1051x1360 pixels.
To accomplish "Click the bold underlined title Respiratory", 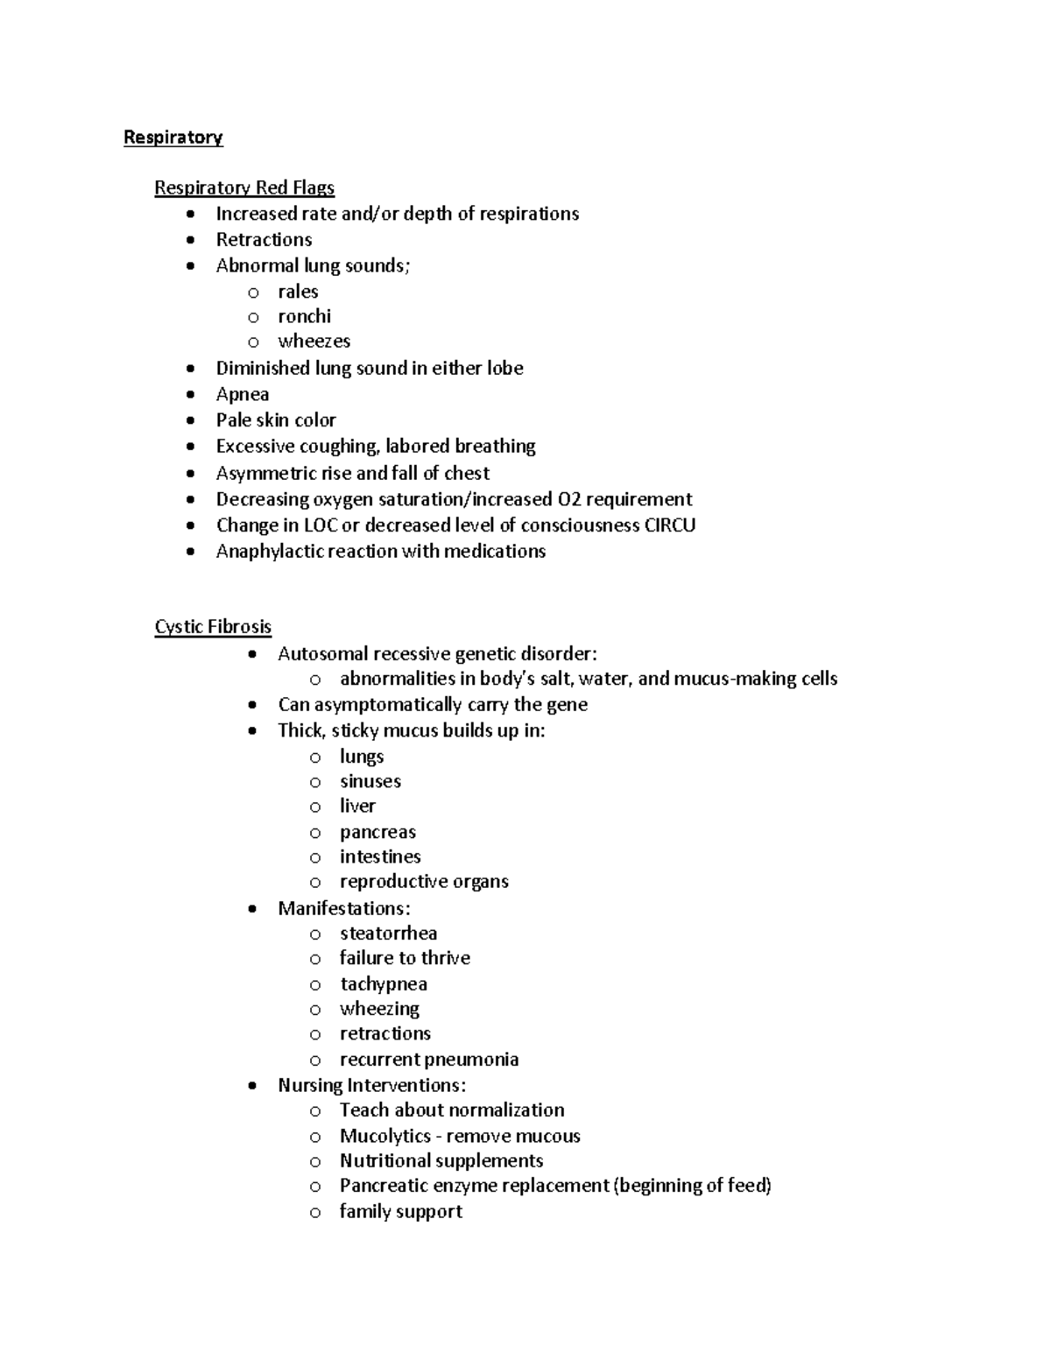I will [173, 137].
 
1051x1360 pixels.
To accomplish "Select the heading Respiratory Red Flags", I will [244, 187].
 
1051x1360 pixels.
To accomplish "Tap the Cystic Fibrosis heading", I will [213, 627].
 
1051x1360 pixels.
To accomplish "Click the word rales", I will [298, 292].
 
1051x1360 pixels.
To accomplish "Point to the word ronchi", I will [304, 316].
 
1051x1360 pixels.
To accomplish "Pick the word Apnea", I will [243, 395].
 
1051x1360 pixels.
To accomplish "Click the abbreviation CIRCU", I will [669, 525].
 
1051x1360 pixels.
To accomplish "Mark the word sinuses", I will [370, 781].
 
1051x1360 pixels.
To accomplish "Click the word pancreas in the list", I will [377, 832].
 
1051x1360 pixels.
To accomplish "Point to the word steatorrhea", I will [388, 934].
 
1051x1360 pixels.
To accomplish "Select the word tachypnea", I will [384, 984].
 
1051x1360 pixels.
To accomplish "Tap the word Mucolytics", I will [385, 1137].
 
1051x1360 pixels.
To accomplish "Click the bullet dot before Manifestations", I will [252, 909].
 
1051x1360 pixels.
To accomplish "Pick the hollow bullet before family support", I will [315, 1213].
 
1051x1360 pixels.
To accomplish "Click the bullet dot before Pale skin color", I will [191, 420].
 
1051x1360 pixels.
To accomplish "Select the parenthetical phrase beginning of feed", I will [693, 1186].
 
